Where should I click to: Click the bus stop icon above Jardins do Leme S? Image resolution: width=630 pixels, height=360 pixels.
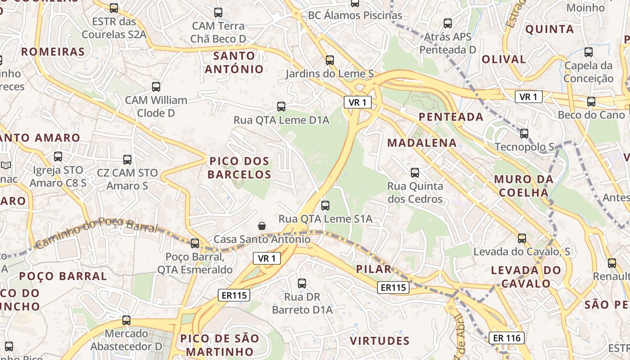click(330, 60)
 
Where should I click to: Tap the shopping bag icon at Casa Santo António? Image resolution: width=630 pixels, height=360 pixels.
click(261, 225)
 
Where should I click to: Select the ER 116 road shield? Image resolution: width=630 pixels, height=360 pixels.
click(507, 337)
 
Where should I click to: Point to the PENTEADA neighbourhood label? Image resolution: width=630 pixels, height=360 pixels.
click(451, 117)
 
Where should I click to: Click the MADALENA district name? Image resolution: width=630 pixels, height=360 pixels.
click(422, 143)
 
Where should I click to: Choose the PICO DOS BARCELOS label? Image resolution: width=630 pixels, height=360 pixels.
click(239, 167)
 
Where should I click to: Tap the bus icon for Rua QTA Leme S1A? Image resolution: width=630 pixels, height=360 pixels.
click(325, 205)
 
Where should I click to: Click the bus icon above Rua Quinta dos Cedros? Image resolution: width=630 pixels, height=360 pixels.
click(415, 172)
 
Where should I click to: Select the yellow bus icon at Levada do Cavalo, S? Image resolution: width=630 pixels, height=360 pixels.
click(522, 238)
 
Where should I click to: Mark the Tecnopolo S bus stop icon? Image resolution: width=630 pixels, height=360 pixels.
click(524, 134)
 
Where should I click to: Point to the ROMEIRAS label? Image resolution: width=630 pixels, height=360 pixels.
click(53, 52)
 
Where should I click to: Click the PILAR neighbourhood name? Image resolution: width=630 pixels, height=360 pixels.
click(373, 269)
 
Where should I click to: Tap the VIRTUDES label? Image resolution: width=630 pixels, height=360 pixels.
click(380, 341)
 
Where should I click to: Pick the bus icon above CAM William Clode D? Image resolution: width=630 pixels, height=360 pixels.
click(156, 87)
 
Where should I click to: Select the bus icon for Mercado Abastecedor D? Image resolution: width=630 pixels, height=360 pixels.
click(126, 320)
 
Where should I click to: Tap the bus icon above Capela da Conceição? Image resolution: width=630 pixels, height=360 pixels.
click(589, 52)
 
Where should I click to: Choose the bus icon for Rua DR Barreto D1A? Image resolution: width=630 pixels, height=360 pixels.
click(302, 283)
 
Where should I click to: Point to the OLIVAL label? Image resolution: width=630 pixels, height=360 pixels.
click(504, 59)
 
